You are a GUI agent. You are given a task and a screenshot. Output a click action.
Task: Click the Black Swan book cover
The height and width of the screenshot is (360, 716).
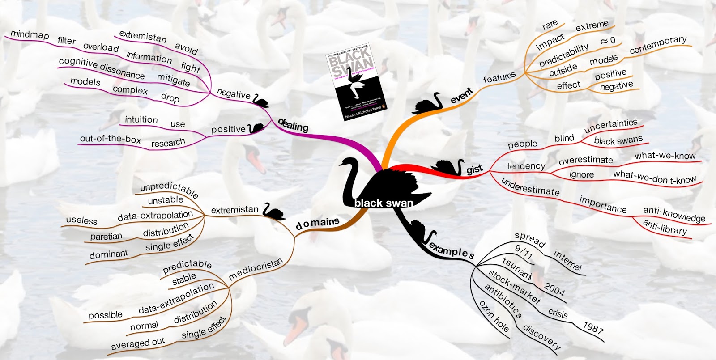(x=357, y=82)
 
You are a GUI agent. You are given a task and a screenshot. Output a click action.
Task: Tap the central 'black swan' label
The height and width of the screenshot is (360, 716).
(x=384, y=203)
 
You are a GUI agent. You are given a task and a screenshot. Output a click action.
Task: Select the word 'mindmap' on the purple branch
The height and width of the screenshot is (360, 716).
(x=30, y=34)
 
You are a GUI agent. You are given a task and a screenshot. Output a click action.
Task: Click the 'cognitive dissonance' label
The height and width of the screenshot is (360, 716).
(x=102, y=68)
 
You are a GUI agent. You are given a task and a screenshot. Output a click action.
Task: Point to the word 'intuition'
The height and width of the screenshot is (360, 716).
(x=141, y=119)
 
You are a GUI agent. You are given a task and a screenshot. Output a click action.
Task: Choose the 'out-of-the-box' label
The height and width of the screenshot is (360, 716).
(x=110, y=139)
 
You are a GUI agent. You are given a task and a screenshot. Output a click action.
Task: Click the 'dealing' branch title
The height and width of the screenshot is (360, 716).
(x=293, y=125)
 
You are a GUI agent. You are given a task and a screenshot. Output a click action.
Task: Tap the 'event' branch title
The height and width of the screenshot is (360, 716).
(x=461, y=95)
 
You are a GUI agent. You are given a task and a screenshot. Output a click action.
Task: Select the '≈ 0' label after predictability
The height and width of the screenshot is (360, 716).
(x=608, y=41)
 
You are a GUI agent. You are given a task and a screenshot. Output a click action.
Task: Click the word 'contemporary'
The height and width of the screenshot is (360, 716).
(x=658, y=45)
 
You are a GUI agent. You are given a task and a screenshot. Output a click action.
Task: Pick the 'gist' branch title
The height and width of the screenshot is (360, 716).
(x=474, y=169)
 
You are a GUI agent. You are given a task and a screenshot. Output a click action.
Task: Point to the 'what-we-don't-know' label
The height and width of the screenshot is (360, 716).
(x=654, y=177)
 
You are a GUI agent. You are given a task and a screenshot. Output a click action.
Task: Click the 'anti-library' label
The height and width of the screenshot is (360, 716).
(x=665, y=227)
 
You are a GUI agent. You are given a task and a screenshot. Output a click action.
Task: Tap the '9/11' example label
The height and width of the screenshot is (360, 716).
(x=524, y=253)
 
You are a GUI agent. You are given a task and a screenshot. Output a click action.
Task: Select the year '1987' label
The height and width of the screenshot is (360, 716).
(x=593, y=328)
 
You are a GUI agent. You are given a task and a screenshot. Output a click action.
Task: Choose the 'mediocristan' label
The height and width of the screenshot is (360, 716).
(x=256, y=269)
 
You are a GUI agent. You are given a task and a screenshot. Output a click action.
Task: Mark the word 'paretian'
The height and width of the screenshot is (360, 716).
(x=106, y=236)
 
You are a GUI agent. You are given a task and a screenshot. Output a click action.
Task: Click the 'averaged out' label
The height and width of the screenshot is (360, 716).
(x=138, y=343)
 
